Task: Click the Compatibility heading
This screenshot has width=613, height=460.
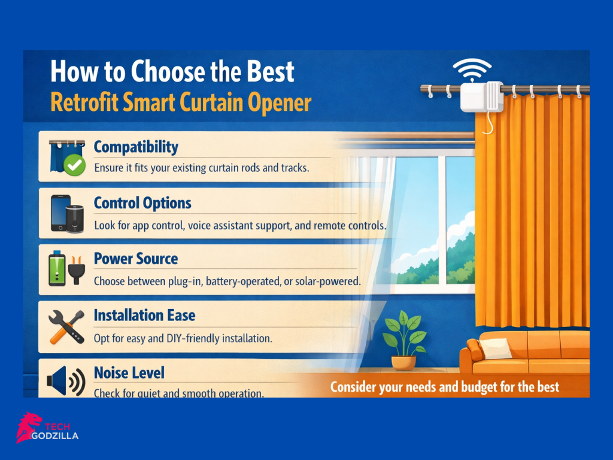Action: point(136,147)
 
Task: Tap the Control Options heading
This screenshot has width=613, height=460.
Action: point(142,203)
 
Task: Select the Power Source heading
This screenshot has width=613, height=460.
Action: point(136,259)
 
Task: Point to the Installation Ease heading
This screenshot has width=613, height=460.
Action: point(144,315)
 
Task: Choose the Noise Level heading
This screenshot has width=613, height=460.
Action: point(129,373)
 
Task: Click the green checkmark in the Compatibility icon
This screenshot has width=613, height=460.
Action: point(74,166)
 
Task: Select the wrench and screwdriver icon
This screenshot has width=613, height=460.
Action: point(65,327)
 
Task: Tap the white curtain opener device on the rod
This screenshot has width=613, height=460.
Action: point(481,96)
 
